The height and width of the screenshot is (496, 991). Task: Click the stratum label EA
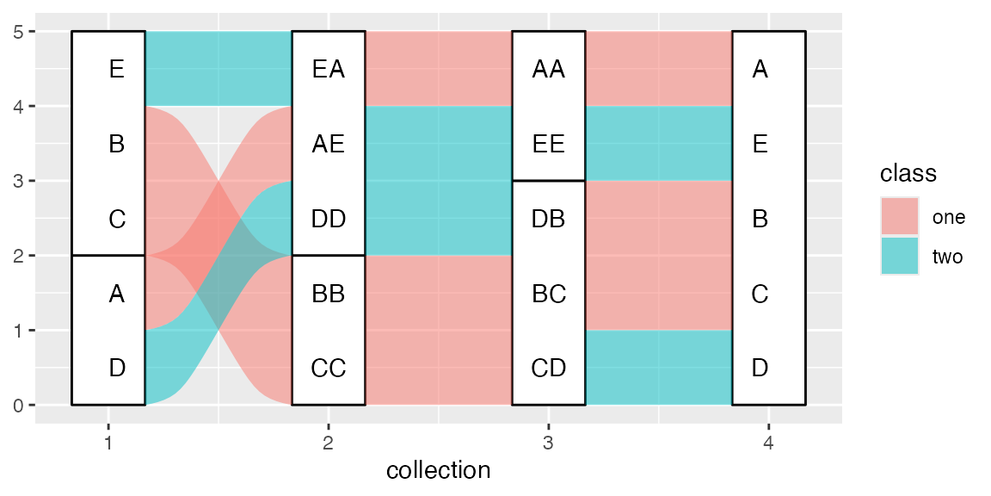[x=329, y=69]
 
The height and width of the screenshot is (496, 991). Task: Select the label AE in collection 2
[x=329, y=144]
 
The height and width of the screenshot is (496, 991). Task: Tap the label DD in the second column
[x=329, y=219]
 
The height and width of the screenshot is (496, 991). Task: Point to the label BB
[x=329, y=294]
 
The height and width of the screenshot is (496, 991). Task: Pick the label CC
[x=329, y=369]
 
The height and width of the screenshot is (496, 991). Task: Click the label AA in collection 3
[x=549, y=69]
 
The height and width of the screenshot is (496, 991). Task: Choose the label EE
[x=549, y=144]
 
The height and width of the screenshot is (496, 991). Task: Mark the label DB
[x=549, y=219]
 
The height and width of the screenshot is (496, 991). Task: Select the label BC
[x=549, y=294]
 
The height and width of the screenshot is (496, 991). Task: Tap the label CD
[x=549, y=369]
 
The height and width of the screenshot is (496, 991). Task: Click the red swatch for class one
[x=900, y=217]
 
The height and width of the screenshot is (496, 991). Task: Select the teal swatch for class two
[x=900, y=256]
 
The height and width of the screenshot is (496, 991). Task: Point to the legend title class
[x=908, y=174]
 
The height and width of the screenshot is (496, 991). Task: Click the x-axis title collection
[x=439, y=470]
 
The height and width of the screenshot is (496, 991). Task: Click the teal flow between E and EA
[x=219, y=69]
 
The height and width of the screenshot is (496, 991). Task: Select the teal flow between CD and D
[x=659, y=368]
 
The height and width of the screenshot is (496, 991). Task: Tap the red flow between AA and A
[x=659, y=69]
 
